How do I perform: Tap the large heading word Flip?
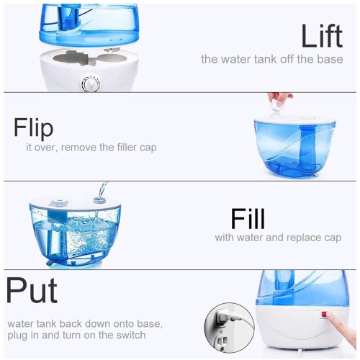pos(33,127)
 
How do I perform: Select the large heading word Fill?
pos(248,218)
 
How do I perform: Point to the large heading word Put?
pos(31,292)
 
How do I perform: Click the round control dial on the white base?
pos(91,85)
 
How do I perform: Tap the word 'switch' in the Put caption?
pos(130,335)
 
